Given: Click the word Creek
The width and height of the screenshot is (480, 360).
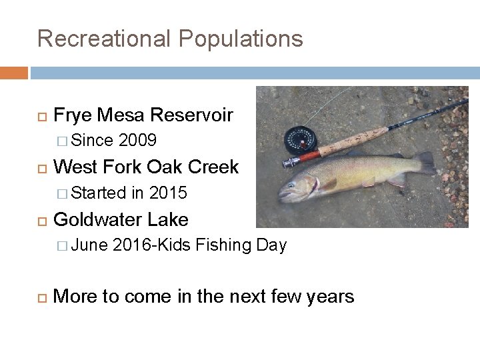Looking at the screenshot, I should (214, 167).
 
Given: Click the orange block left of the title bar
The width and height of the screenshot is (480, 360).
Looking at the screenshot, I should (13, 72).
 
